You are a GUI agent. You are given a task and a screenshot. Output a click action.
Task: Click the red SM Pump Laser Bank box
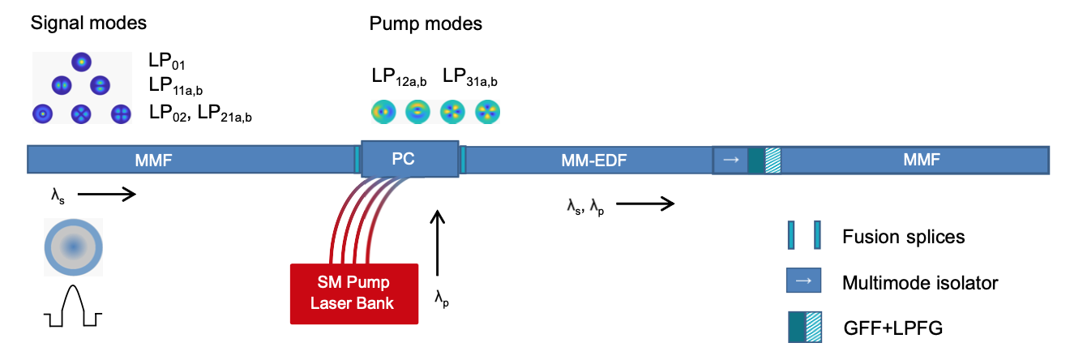[x=354, y=294]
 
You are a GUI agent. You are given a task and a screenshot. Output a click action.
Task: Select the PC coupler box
[x=403, y=159]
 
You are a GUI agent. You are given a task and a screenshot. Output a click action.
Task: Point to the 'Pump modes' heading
[x=426, y=24]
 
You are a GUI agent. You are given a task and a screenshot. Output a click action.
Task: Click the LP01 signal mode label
[x=168, y=62]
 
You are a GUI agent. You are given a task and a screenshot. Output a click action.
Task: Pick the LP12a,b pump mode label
[x=399, y=77]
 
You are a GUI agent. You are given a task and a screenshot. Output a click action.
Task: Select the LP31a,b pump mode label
[x=470, y=77]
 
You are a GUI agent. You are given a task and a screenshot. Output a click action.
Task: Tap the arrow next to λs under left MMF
[x=106, y=195]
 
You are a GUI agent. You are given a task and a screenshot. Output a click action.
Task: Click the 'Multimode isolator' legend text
[x=920, y=282]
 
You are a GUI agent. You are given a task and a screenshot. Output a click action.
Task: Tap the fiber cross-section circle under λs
[x=73, y=246]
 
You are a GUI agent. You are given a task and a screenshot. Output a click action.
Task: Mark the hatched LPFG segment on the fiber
[x=772, y=160]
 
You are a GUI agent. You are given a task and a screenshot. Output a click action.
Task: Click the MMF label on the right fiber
[x=922, y=160]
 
